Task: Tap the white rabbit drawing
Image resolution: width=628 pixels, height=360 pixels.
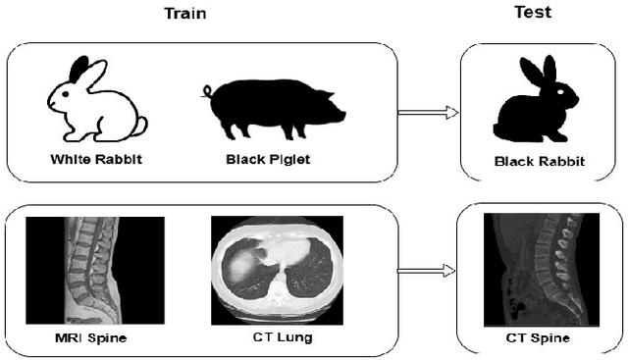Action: click(95, 104)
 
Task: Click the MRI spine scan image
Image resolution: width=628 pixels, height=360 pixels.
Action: click(95, 272)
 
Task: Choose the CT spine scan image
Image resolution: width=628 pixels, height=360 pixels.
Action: click(535, 271)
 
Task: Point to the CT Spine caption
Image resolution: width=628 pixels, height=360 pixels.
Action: click(537, 339)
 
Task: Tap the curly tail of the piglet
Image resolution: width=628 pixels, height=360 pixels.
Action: click(207, 91)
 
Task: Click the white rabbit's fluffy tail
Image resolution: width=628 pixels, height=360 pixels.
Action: click(140, 126)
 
